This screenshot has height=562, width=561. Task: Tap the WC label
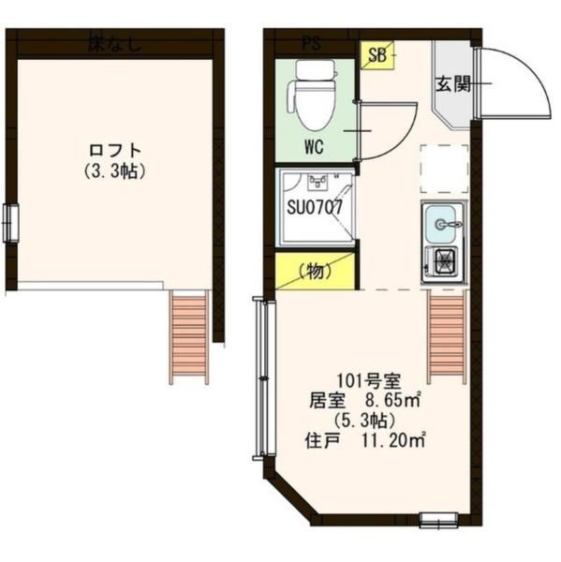(x=315, y=147)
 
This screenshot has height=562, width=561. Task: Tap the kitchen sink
(x=443, y=223)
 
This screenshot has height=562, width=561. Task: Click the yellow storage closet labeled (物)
(x=316, y=272)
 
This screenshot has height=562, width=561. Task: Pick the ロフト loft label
(x=115, y=150)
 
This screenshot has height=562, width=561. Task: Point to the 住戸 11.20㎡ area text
(x=366, y=437)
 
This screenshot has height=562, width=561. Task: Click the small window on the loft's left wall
(x=10, y=223)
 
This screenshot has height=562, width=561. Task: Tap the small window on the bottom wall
(x=438, y=519)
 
